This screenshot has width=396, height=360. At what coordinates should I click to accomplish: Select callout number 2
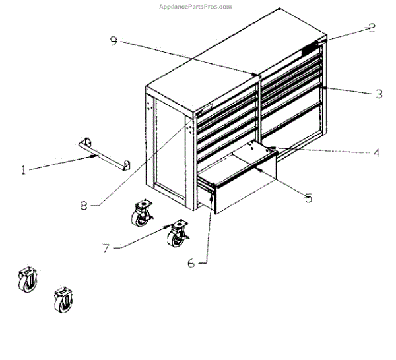pos(372,28)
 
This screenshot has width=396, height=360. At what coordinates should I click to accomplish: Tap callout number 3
pos(378,94)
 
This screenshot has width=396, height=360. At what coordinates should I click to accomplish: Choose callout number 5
pos(307,196)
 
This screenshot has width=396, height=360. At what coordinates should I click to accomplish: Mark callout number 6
pos(191,263)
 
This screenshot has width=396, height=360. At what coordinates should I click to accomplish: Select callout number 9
pos(114,41)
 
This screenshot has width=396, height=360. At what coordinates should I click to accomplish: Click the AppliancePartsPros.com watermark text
pos(196,7)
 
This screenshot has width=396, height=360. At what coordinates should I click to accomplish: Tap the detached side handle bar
pos(104,152)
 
